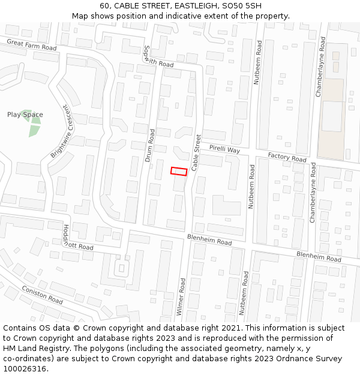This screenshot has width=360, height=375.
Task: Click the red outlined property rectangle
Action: (x=179, y=172)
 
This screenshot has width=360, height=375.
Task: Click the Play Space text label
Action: (x=25, y=115)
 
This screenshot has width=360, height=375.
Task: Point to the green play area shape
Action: (x=31, y=123)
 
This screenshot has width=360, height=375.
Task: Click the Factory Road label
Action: (x=287, y=157)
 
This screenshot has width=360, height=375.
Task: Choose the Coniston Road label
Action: (x=42, y=294)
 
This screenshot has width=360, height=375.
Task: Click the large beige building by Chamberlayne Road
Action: (x=331, y=120)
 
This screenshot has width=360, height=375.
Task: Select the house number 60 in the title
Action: (x=105, y=6)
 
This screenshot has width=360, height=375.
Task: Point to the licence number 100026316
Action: (x=25, y=369)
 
